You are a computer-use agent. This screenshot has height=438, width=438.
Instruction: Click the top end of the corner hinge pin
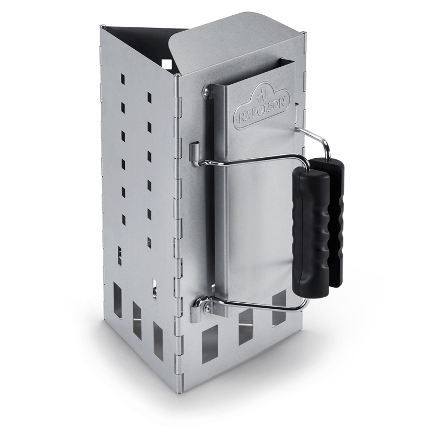[176, 77]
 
